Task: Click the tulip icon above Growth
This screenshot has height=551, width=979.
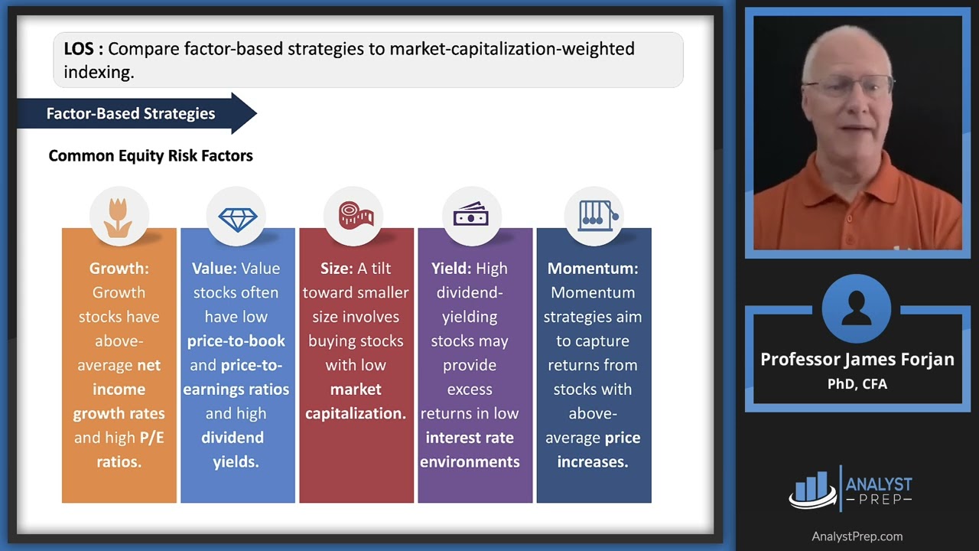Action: coord(119,217)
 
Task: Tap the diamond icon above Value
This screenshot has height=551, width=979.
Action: coord(237,218)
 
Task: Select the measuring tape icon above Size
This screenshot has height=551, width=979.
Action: coord(355,217)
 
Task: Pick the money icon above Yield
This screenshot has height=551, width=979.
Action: coord(471,217)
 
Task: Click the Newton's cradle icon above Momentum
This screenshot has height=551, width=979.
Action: coord(593,217)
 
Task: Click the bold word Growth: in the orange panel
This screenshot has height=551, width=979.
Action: coord(119,269)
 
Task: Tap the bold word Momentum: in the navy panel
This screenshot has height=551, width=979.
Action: coord(593,269)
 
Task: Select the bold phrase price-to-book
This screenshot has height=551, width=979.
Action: coord(236,341)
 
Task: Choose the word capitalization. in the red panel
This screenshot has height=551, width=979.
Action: coord(356,413)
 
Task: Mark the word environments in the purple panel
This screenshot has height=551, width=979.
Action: coord(470,461)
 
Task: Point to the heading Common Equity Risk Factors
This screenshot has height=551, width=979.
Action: coord(151,156)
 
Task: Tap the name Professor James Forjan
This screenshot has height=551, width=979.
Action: coord(857,360)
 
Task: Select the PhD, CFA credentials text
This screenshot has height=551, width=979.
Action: coord(857,384)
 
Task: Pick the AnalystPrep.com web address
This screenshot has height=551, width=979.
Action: coord(857,536)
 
